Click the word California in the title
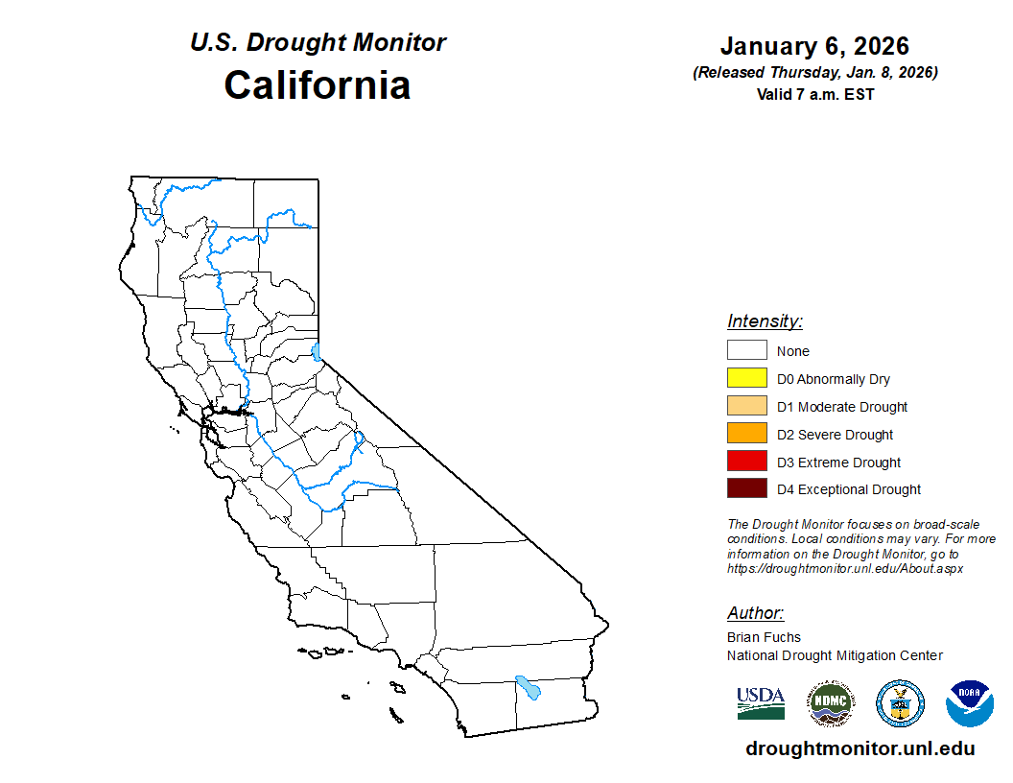pyautogui.click(x=318, y=84)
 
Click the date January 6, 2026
pyautogui.click(x=814, y=46)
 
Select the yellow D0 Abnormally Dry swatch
pyautogui.click(x=746, y=379)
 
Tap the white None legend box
pyautogui.click(x=746, y=351)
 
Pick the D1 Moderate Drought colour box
pyautogui.click(x=746, y=407)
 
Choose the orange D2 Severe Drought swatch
pyautogui.click(x=746, y=434)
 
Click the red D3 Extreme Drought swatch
pyautogui.click(x=746, y=462)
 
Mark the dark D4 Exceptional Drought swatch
pyautogui.click(x=746, y=489)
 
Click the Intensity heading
pyautogui.click(x=765, y=321)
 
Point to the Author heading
pyautogui.click(x=755, y=613)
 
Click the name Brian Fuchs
pyautogui.click(x=764, y=637)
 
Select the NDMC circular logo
pyautogui.click(x=830, y=703)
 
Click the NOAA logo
pyautogui.click(x=969, y=703)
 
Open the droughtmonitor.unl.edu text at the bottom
pyautogui.click(x=860, y=749)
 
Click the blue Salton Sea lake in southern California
pyautogui.click(x=527, y=687)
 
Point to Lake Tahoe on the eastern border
pyautogui.click(x=318, y=351)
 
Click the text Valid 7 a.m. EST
pyautogui.click(x=814, y=94)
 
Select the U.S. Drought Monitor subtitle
pyautogui.click(x=318, y=43)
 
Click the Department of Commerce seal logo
pyautogui.click(x=900, y=703)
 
